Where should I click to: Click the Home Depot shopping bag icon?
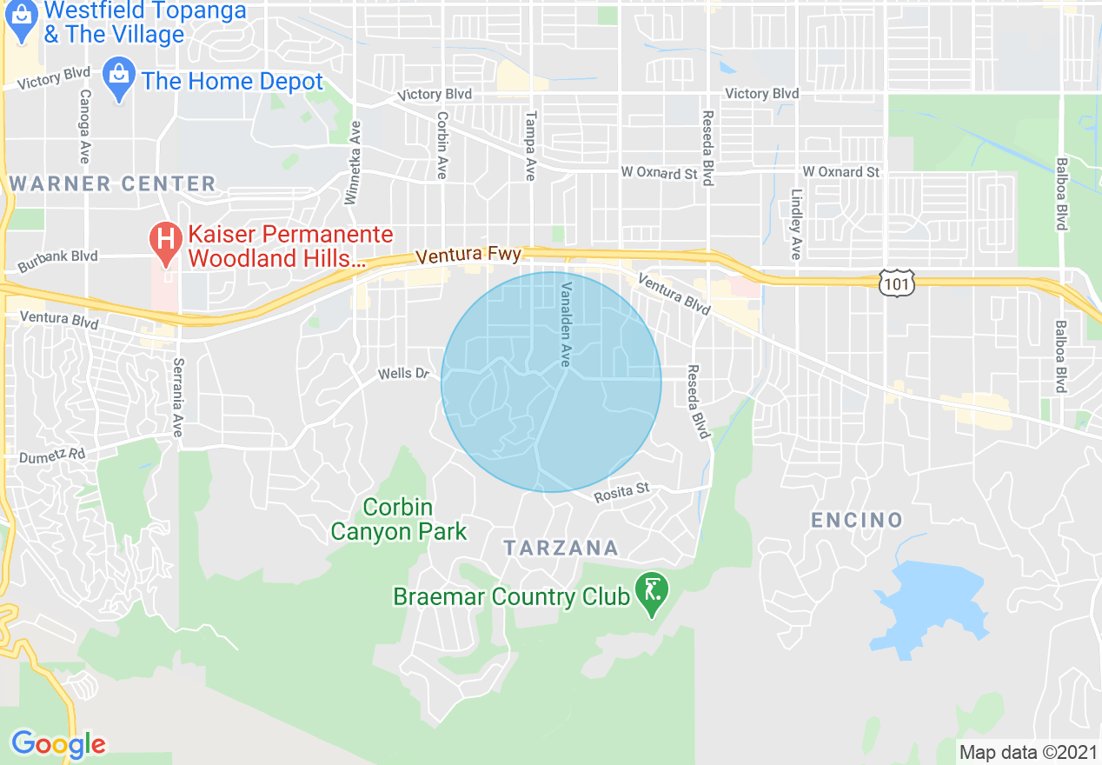click(117, 80)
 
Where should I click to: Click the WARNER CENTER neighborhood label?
click(112, 183)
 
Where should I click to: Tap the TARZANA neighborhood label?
click(561, 548)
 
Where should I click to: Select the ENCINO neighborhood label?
click(857, 520)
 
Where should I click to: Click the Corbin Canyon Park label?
click(398, 519)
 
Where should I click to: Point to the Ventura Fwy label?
click(468, 256)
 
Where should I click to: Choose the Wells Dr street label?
click(404, 374)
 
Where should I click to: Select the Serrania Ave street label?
click(177, 397)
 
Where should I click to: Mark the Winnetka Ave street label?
click(353, 162)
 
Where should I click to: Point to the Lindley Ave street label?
click(795, 223)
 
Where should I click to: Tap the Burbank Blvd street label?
click(57, 257)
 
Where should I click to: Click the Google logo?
click(57, 744)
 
